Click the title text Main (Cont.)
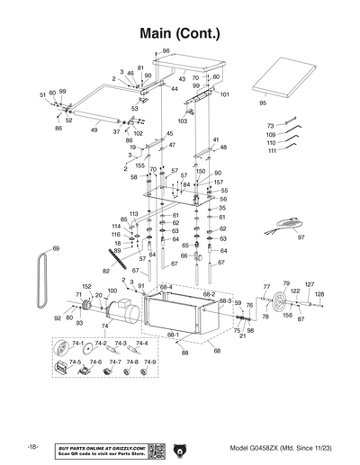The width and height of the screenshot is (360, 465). [179, 32]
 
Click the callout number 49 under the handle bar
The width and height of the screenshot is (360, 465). [94, 130]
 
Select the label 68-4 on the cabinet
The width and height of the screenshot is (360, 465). [165, 287]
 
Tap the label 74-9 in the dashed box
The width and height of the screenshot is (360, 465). [148, 362]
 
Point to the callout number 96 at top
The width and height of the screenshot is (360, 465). [166, 50]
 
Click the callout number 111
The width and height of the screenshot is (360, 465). [271, 151]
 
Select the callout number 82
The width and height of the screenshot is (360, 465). [105, 270]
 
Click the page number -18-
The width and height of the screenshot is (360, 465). [32, 447]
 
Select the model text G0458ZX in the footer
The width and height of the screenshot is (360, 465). [282, 447]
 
